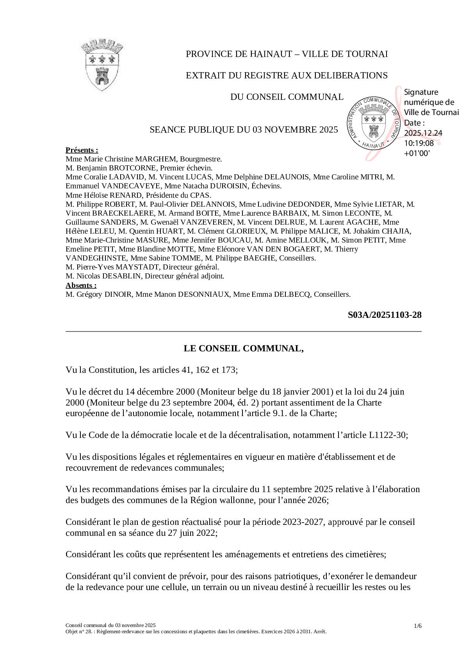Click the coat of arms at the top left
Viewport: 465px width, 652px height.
click(102, 65)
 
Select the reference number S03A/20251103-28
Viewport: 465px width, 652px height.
click(385, 315)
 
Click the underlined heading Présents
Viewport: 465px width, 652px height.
click(82, 150)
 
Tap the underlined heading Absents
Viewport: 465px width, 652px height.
click(81, 285)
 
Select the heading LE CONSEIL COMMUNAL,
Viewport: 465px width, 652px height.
click(244, 348)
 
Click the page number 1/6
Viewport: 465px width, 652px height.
click(418, 626)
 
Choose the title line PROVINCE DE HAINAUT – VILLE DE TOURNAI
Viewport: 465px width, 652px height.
click(287, 54)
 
